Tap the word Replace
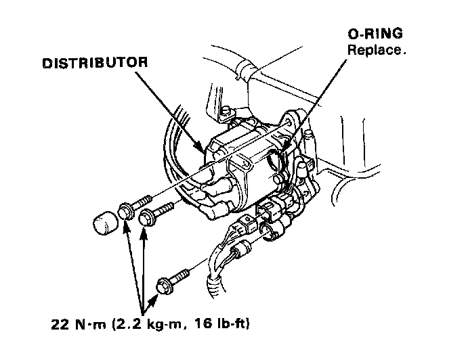tap(377, 50)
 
